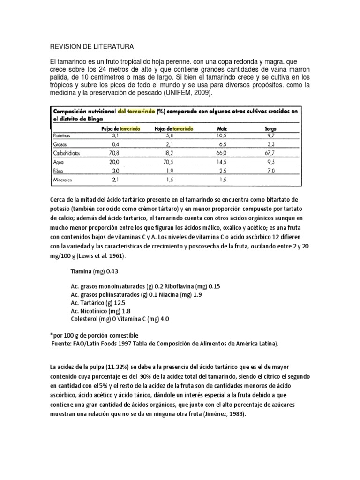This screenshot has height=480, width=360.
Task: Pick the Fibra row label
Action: coord(60,170)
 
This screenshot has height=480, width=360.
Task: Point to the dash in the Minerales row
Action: coord(273,180)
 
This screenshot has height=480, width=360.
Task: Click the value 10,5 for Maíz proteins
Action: coord(221,135)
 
